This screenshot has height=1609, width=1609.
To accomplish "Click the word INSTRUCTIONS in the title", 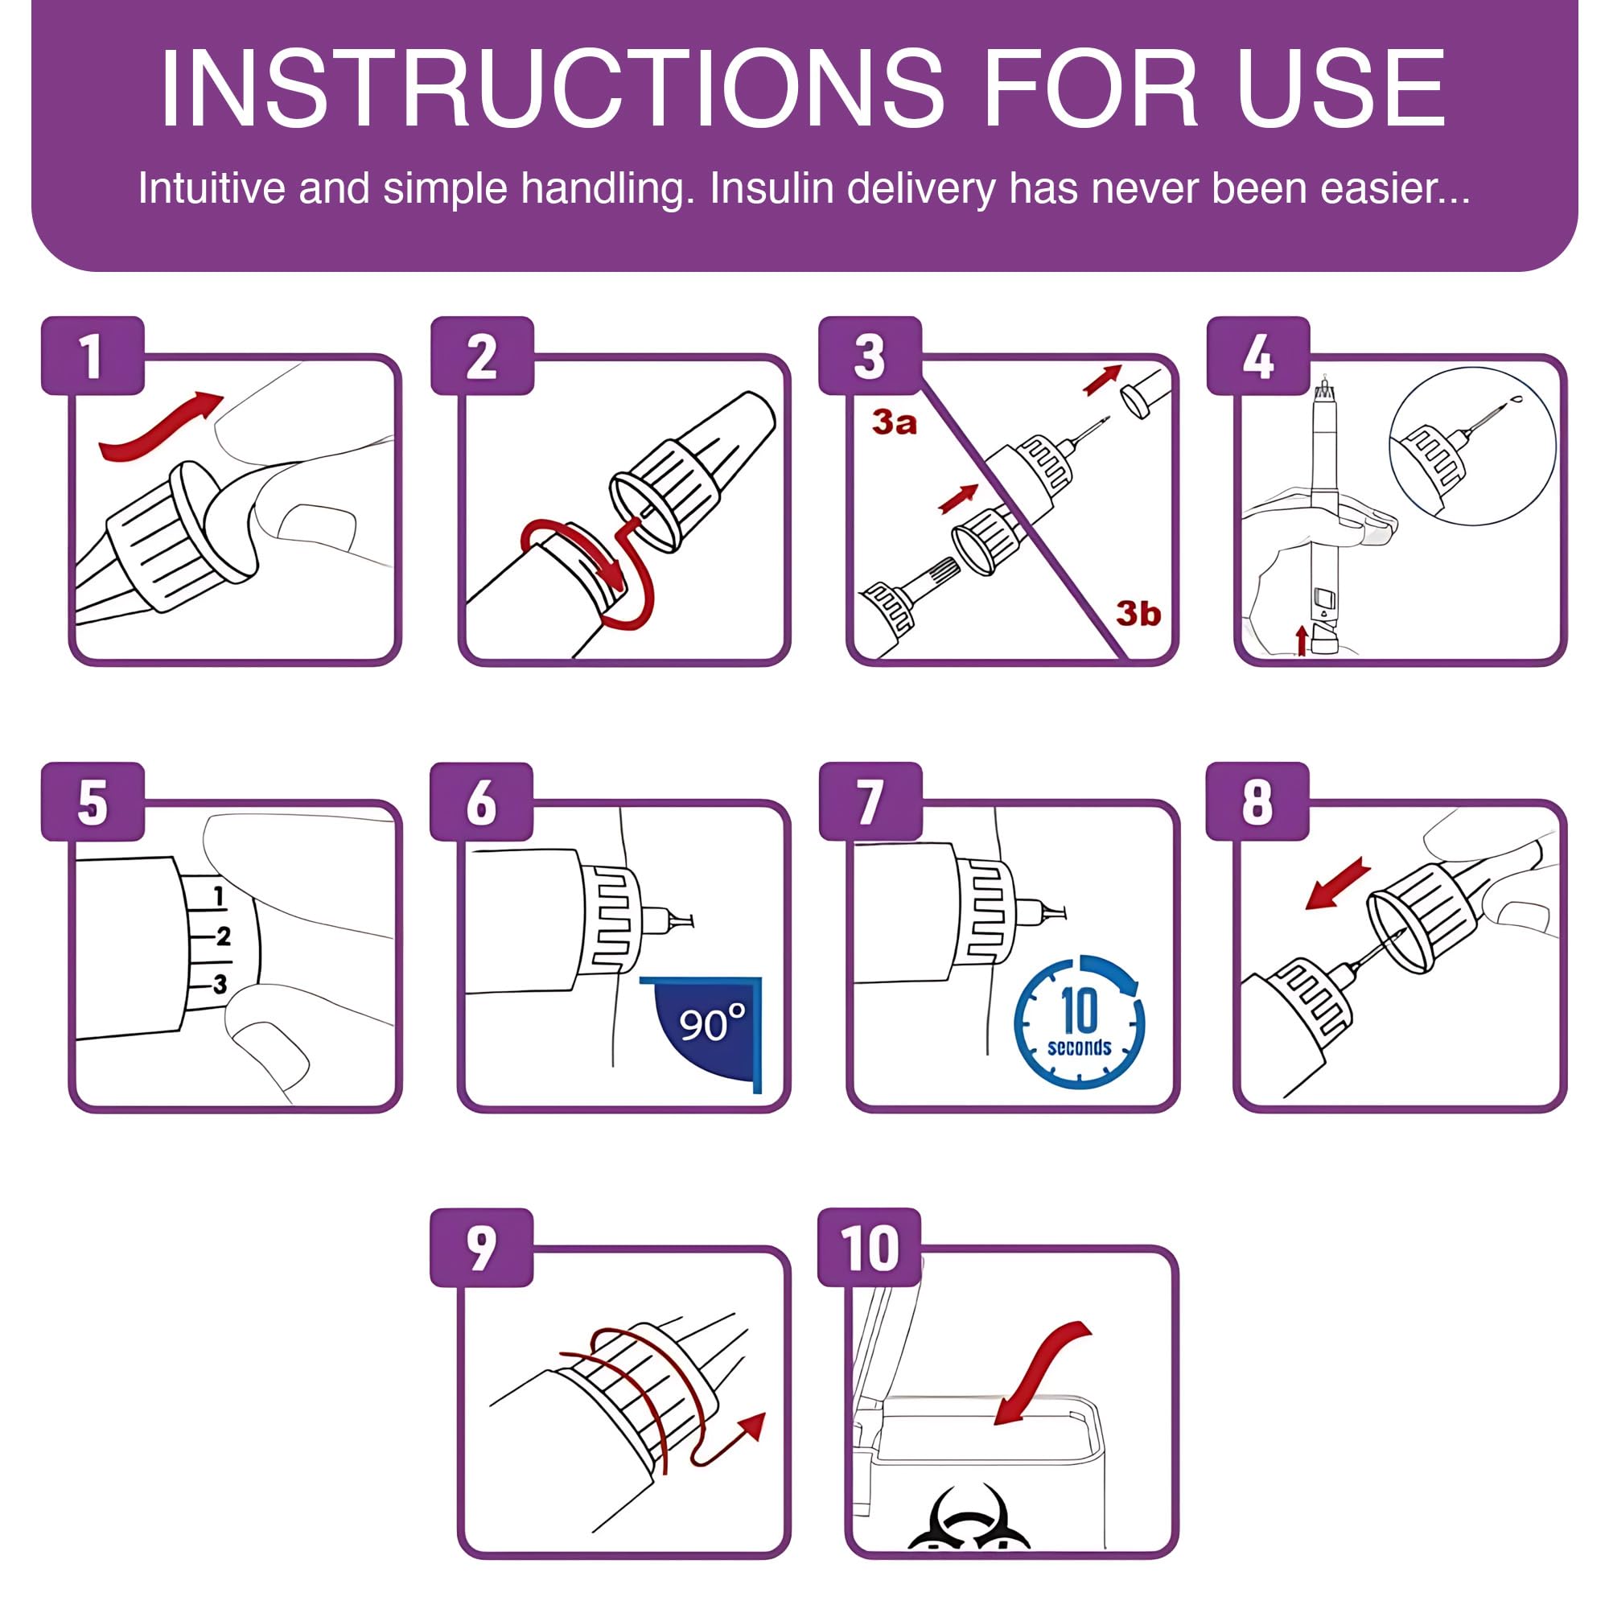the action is [552, 88].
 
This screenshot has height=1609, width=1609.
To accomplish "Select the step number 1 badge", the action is [93, 356].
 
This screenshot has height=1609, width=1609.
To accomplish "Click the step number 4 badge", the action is [1257, 356].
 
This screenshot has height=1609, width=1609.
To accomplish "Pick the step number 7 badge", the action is [870, 801].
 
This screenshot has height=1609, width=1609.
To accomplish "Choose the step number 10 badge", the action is [870, 1248].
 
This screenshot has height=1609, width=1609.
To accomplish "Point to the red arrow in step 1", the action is [161, 425].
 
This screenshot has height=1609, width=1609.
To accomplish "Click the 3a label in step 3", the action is [895, 423].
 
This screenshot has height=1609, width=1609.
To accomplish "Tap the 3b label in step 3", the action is [1138, 614].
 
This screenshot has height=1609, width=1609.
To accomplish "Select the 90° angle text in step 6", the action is [712, 1023].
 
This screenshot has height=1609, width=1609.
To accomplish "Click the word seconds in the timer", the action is [1080, 1047].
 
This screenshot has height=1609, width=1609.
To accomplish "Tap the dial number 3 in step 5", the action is [220, 985].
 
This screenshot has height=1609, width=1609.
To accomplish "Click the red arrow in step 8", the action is [1338, 883].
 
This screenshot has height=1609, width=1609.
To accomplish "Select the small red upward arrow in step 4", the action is [1302, 640].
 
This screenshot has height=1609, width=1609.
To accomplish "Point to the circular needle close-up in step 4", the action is [1472, 446].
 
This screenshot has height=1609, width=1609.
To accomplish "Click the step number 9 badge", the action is [481, 1248].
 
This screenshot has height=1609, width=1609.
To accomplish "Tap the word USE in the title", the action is [1342, 88].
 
